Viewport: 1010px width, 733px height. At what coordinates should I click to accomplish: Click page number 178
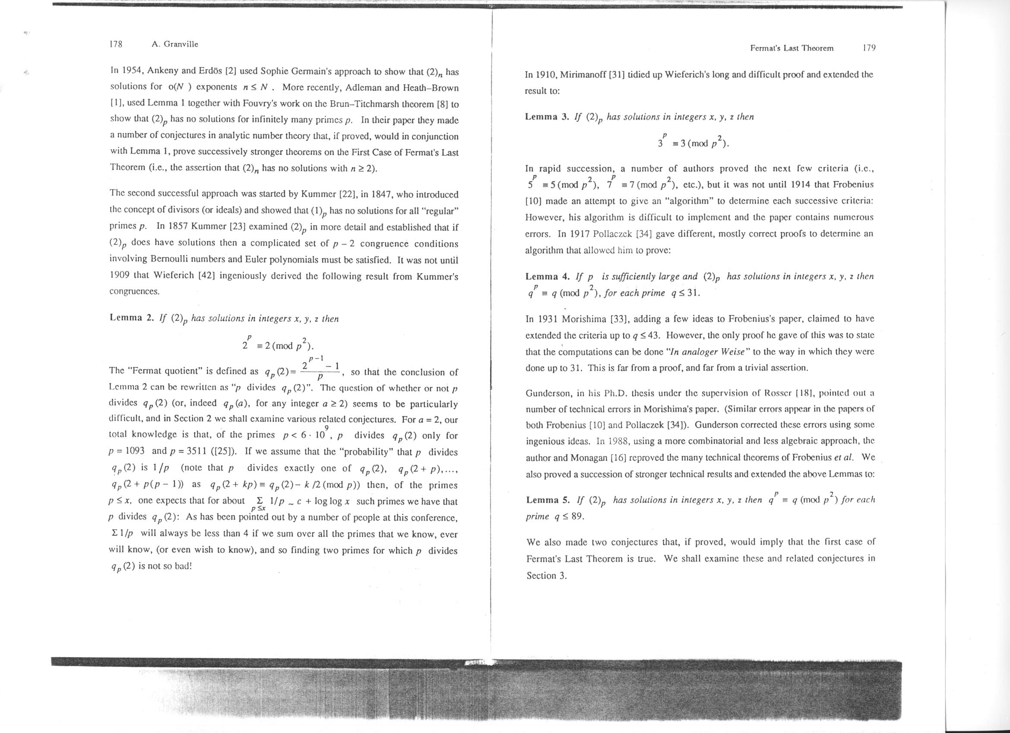pos(116,44)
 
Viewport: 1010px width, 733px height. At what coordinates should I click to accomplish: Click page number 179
pos(869,48)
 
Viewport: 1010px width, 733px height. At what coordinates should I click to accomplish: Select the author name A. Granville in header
pos(174,44)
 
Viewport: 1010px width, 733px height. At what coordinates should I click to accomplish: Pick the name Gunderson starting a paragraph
pos(547,393)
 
